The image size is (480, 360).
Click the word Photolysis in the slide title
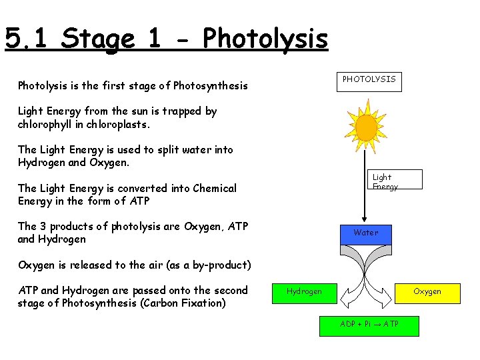tap(265, 39)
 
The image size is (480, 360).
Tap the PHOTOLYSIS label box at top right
tap(369, 79)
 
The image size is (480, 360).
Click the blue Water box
tap(365, 233)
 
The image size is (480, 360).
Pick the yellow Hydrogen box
tap(304, 291)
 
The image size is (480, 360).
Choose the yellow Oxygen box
tap(427, 291)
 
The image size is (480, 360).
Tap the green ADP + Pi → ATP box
tap(369, 324)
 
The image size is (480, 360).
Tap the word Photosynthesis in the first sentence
tap(210, 85)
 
